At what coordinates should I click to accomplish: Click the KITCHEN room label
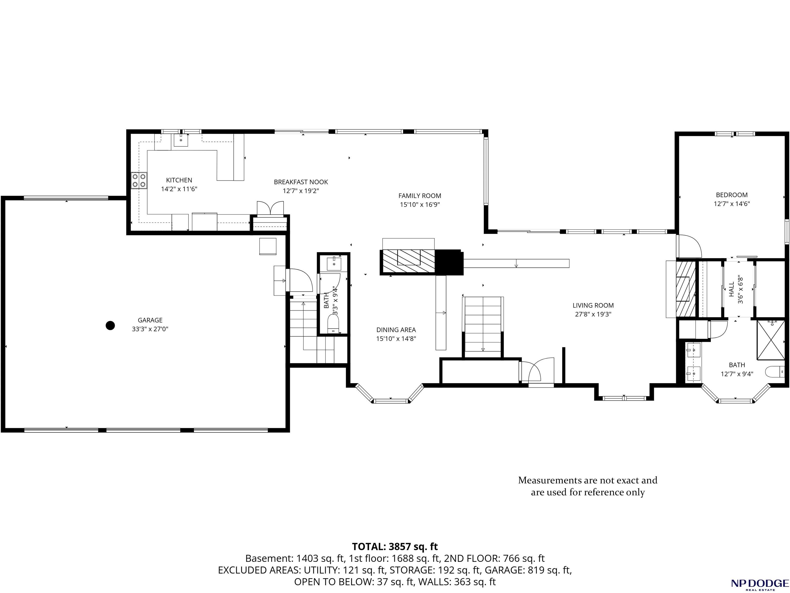click(179, 180)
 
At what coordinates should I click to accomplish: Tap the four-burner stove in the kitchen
click(139, 180)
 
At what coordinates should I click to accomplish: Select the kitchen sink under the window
click(181, 140)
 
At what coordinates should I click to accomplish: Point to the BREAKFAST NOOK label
click(301, 182)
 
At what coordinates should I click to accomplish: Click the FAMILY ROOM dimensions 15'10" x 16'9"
click(420, 205)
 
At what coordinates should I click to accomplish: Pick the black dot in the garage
click(110, 325)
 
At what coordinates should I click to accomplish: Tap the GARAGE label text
click(150, 320)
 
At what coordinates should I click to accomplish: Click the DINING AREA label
click(396, 330)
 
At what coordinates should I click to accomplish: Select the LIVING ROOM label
click(593, 306)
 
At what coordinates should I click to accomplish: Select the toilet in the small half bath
click(333, 325)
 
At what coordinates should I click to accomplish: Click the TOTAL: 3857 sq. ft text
click(395, 547)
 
